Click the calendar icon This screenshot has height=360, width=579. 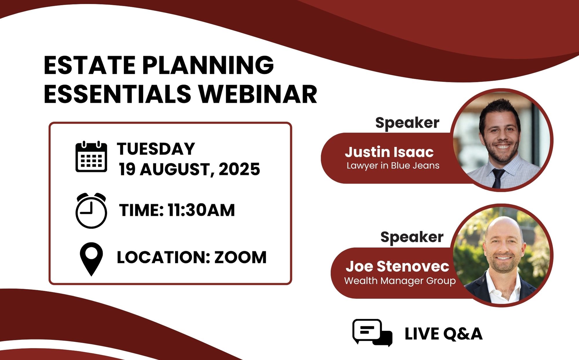pyautogui.click(x=91, y=157)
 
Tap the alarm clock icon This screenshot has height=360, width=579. pyautogui.click(x=91, y=210)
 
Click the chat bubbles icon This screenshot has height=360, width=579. pyautogui.click(x=372, y=333)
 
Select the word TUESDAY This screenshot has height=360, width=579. pyautogui.click(x=156, y=149)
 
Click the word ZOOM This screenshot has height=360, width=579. pyautogui.click(x=240, y=257)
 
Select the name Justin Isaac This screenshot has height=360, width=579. pyautogui.click(x=389, y=152)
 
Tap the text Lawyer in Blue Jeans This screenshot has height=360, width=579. pyautogui.click(x=393, y=166)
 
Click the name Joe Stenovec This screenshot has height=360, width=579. pyautogui.click(x=397, y=266)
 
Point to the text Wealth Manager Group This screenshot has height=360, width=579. pyautogui.click(x=400, y=281)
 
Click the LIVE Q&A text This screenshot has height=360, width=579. pyautogui.click(x=444, y=334)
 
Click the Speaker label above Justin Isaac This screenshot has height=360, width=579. pyautogui.click(x=407, y=123)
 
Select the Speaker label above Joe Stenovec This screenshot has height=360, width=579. pyautogui.click(x=412, y=237)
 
